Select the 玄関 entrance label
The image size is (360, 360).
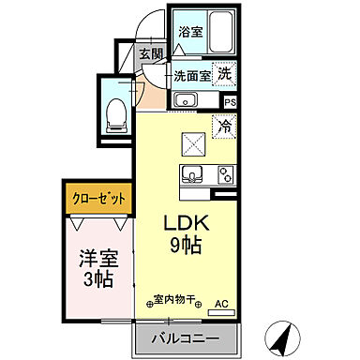pyautogui.click(x=151, y=52)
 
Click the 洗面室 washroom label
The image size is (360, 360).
pyautogui.click(x=191, y=75)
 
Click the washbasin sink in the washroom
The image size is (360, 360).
pyautogui.click(x=184, y=100)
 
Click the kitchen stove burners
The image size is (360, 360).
pyautogui.click(x=225, y=174)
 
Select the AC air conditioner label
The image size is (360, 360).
pyautogui.click(x=221, y=304)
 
